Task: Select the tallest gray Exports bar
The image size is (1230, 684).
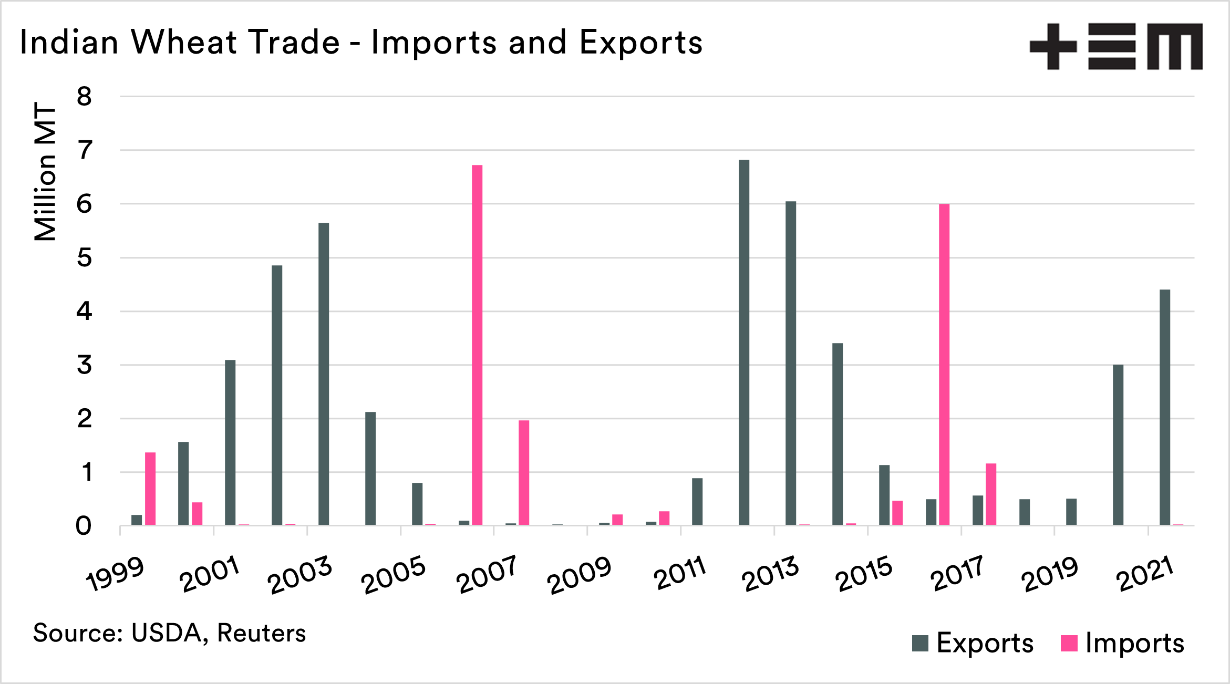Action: pos(744,342)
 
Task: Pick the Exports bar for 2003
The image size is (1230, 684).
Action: pos(324,374)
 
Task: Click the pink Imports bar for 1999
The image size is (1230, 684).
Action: pos(150,488)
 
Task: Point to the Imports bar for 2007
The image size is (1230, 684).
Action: pos(524,472)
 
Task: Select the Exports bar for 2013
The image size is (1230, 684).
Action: pos(791,363)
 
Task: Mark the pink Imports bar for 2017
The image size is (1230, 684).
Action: pos(991,494)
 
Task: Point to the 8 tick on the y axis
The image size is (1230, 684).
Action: pos(84,97)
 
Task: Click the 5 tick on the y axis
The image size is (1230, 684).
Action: pos(84,258)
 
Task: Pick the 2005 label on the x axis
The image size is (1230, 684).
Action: pos(394,575)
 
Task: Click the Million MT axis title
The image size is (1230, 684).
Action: pos(45,171)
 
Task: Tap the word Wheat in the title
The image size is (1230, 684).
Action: pos(183,42)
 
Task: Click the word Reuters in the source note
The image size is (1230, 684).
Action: pos(261,633)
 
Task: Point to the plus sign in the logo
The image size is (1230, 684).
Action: pos(1053,46)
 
